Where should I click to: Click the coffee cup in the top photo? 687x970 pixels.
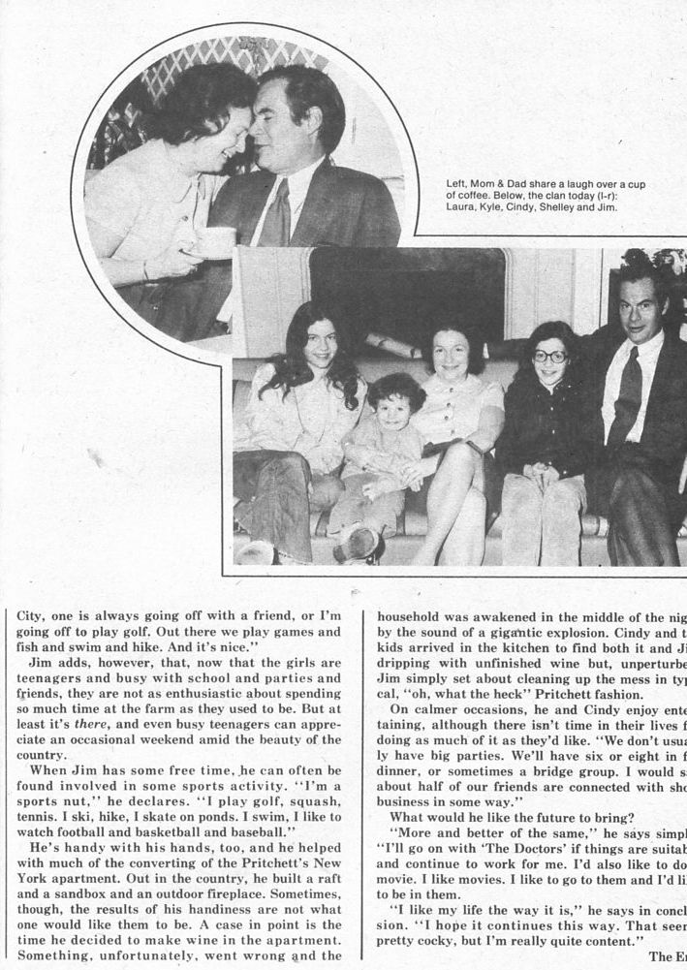[215, 241]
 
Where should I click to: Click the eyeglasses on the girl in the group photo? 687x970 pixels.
[548, 356]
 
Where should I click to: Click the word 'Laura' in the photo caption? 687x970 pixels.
[464, 206]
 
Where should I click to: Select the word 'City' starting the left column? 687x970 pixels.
[32, 613]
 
